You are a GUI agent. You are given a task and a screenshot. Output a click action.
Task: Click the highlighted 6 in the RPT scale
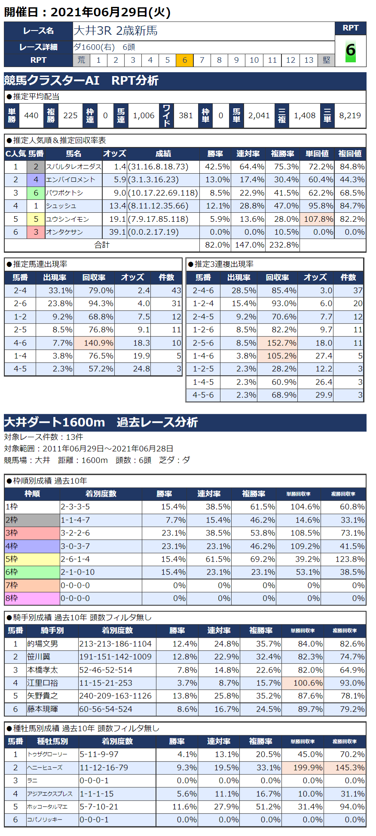pyautogui.click(x=184, y=60)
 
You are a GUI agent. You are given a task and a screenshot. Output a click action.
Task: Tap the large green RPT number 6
pyautogui.click(x=350, y=50)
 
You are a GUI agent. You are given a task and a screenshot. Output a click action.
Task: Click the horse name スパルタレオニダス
pyautogui.click(x=73, y=167)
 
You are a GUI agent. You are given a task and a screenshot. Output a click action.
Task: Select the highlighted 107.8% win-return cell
pyautogui.click(x=318, y=219)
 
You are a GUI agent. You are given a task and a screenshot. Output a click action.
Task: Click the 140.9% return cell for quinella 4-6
pyautogui.click(x=95, y=343)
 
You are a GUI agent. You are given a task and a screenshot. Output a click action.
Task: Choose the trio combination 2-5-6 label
pyautogui.click(x=203, y=343)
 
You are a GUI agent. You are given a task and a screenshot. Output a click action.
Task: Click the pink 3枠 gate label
pyautogui.click(x=32, y=533)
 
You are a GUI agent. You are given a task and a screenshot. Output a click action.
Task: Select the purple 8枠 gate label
pyautogui.click(x=32, y=598)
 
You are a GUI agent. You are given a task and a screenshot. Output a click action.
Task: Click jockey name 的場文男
pyautogui.click(x=43, y=644)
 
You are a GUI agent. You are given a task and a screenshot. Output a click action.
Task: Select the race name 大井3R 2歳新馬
pyautogui.click(x=116, y=31)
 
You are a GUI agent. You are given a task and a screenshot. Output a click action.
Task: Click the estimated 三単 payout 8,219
pyautogui.click(x=350, y=116)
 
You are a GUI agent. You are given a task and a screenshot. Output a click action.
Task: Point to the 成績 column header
pyautogui.click(x=163, y=153)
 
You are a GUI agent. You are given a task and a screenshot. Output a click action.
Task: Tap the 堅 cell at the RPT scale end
pyautogui.click(x=327, y=60)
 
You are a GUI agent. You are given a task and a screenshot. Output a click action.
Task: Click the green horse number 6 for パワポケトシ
pyautogui.click(x=36, y=193)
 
